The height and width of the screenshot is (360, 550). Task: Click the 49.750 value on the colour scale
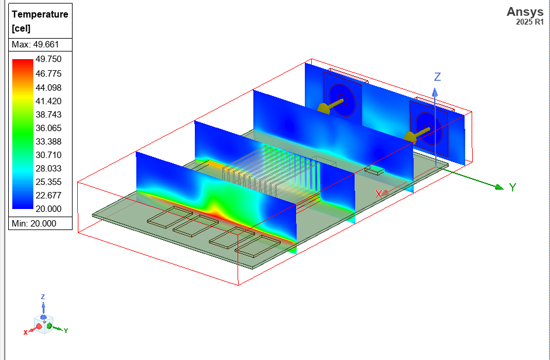coord(49,59)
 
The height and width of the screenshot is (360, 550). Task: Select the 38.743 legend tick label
coord(49,114)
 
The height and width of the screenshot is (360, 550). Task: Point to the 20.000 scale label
coord(49,209)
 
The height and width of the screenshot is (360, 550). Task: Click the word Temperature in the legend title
coord(40,14)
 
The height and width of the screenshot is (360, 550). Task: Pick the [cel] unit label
coord(21,28)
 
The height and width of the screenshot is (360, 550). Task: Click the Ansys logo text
coord(525,12)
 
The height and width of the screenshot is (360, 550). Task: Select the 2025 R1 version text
coord(530,22)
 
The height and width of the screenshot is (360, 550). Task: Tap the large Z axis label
coord(437,77)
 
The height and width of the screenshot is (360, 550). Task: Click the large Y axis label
coord(513,187)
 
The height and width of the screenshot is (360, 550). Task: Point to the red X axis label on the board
coord(379,193)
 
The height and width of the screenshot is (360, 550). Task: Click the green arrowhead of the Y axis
coord(499,187)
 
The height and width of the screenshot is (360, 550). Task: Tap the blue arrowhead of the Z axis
coord(435,91)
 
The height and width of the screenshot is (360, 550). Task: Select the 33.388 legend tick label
coord(49,141)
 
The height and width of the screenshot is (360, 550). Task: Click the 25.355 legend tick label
coord(49,181)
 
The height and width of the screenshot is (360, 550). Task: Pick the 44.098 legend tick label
coord(49,87)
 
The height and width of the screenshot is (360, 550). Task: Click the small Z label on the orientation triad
coord(43,297)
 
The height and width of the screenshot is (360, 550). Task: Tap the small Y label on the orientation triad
coord(66,331)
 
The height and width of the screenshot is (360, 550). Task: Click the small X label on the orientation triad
coord(25,332)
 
